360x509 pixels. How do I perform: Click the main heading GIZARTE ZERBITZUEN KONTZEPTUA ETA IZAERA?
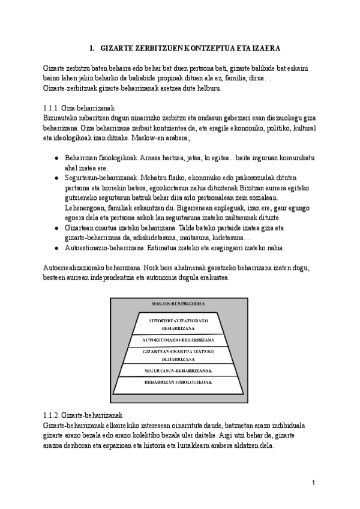[x=186, y=47]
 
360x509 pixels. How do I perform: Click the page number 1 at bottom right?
[x=313, y=483]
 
